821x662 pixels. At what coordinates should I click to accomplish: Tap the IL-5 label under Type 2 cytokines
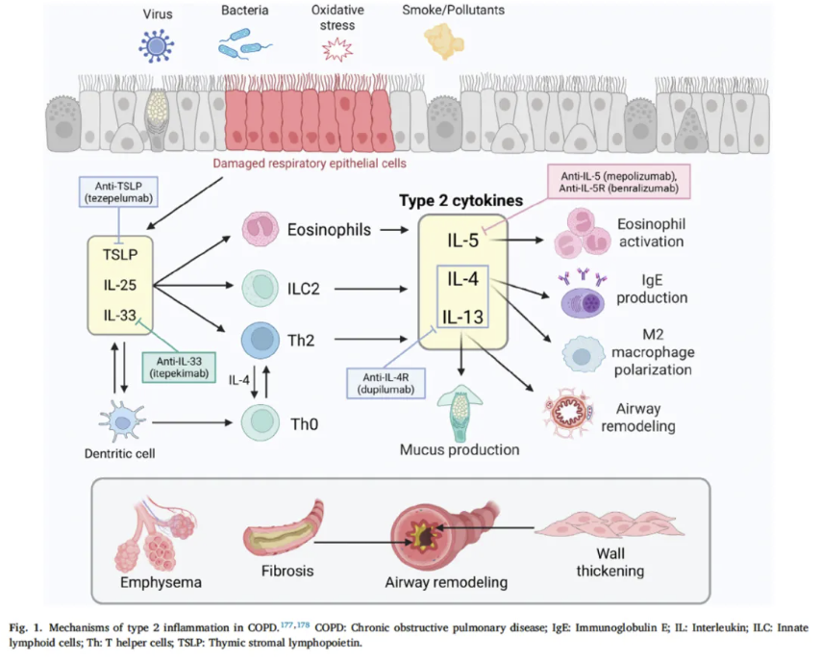(x=463, y=241)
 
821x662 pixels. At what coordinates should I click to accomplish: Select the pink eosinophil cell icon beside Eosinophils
(x=261, y=230)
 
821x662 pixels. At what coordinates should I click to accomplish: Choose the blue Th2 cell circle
(x=261, y=339)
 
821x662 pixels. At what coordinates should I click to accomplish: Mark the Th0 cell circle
(x=261, y=420)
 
